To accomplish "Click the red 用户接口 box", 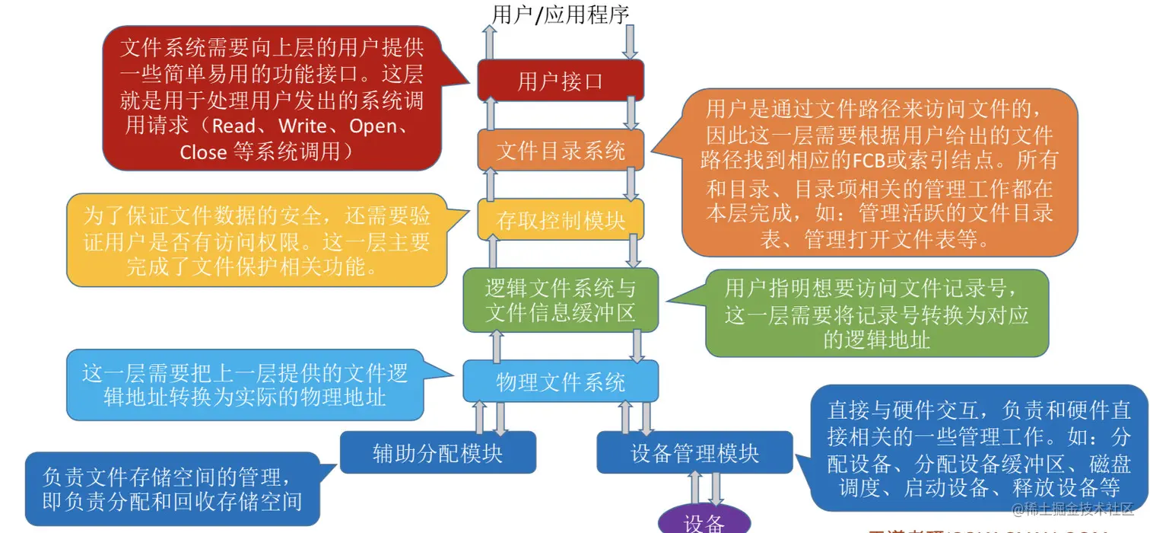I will [561, 81].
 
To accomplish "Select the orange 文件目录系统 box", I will [561, 150].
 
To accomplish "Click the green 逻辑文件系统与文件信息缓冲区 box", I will [561, 300].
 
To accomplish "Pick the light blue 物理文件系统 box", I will [561, 381].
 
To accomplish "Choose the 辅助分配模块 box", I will [437, 452].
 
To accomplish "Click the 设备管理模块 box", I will [694, 452].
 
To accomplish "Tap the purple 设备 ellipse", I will [704, 522].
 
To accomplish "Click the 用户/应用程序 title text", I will [561, 14].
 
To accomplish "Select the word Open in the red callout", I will [373, 125].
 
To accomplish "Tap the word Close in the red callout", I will [203, 152].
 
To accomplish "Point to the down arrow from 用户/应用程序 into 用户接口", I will [630, 43].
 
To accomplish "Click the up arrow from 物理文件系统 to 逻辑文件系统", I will [497, 346].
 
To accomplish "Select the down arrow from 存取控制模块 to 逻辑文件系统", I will [634, 251].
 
